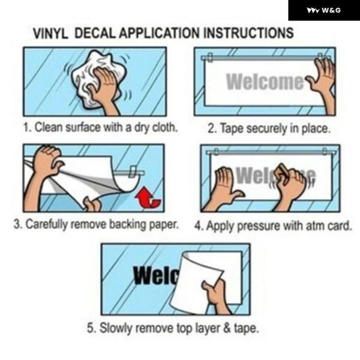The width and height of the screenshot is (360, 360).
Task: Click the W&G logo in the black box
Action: click(324, 10)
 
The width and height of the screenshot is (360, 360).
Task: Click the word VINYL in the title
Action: click(50, 34)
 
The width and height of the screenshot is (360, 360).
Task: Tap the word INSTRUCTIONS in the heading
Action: click(248, 33)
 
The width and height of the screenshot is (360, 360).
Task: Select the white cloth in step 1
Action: click(99, 79)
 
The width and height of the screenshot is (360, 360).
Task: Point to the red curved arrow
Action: click(148, 198)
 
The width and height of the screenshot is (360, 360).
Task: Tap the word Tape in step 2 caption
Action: click(232, 128)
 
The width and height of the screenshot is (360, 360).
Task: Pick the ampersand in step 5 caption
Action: click(227, 328)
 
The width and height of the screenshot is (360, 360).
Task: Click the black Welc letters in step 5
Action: click(157, 275)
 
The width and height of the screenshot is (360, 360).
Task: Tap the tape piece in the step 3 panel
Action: click(133, 172)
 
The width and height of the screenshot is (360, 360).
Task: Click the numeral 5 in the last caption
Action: click(90, 328)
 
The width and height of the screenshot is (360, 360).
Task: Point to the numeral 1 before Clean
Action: click(26, 127)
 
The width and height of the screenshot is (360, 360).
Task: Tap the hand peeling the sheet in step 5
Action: click(216, 296)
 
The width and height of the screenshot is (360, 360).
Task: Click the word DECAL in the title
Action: click(95, 33)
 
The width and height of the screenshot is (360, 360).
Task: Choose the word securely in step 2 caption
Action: click(266, 129)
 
